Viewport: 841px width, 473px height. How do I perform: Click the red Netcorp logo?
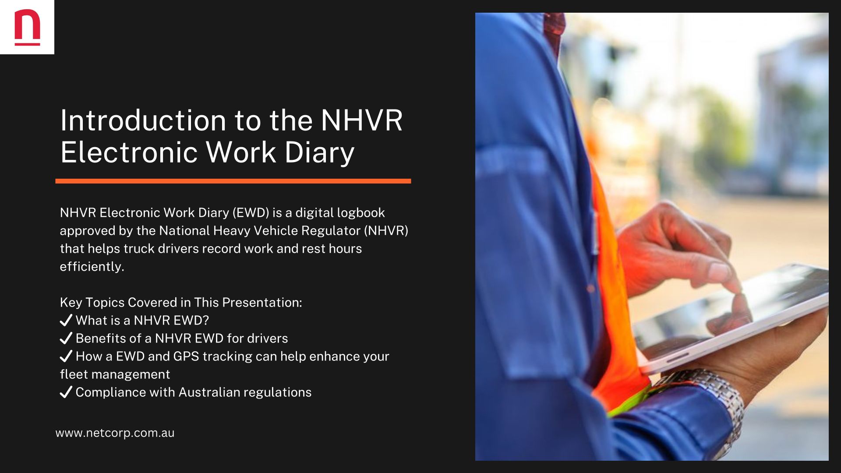(27, 27)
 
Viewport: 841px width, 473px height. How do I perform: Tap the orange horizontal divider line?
(233, 181)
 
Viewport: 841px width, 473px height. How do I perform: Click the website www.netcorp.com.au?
(115, 433)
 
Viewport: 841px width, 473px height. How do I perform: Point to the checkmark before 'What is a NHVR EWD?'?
(66, 320)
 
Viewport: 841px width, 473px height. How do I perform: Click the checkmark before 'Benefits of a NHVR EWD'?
(66, 338)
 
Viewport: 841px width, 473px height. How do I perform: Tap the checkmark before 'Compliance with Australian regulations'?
(66, 392)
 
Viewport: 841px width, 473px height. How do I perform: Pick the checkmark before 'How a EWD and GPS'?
(66, 356)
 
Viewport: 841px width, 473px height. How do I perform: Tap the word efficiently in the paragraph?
(92, 266)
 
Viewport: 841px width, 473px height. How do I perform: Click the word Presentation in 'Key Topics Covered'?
(262, 302)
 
